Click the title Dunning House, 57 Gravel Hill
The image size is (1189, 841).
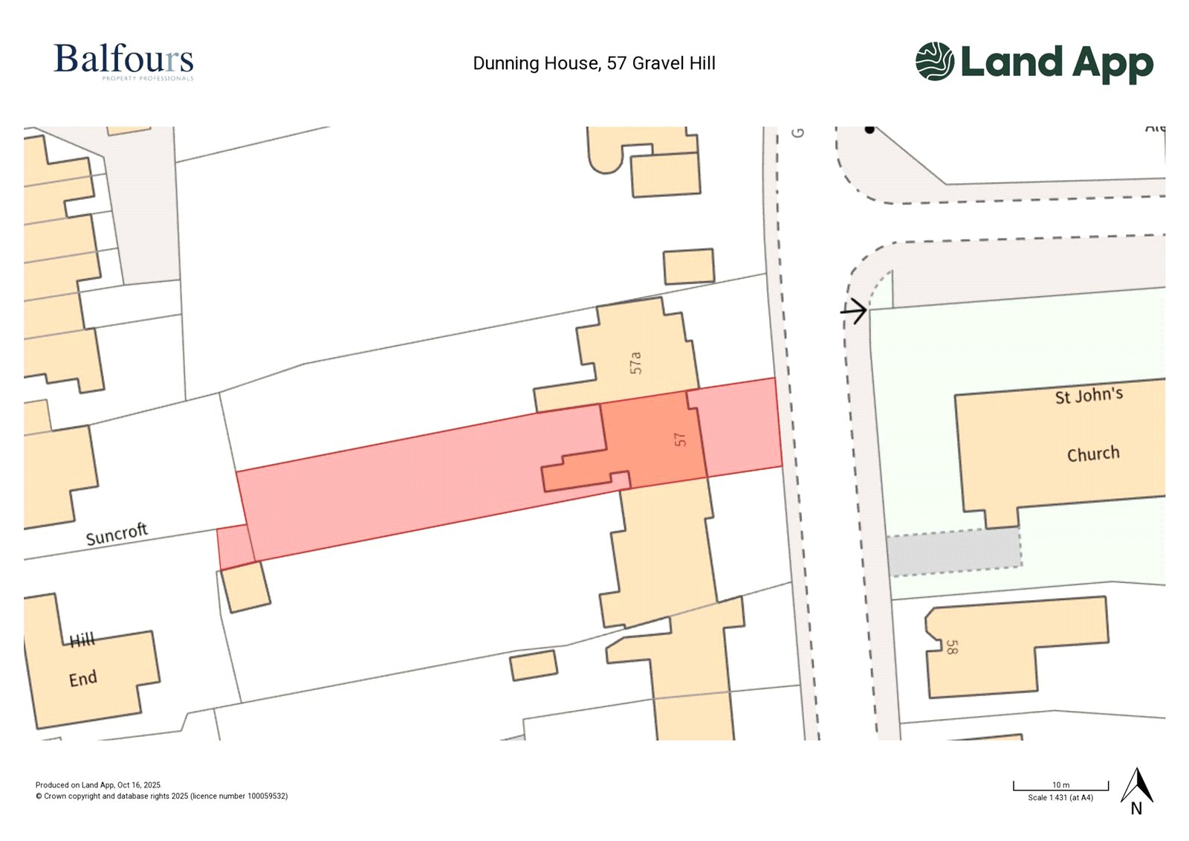594,63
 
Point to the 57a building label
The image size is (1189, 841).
635,362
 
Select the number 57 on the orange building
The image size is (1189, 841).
680,439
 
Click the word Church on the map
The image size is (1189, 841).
1092,454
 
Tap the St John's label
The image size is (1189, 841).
1089,396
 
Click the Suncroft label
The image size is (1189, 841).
117,534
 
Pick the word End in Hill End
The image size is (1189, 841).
83,679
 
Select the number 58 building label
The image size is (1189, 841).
951,647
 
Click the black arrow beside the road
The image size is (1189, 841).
855,310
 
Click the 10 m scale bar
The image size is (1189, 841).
1060,786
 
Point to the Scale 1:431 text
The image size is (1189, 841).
1060,798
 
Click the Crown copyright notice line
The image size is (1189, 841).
161,796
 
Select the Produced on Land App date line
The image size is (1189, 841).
98,785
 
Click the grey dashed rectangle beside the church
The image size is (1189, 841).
954,552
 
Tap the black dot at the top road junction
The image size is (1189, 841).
869,129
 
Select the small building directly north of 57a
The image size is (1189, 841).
689,266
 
